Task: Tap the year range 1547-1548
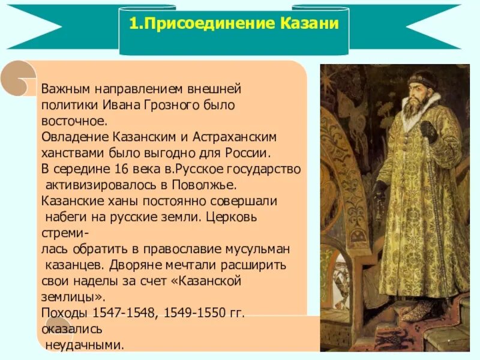click(116, 313)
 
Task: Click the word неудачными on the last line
click(85, 345)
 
